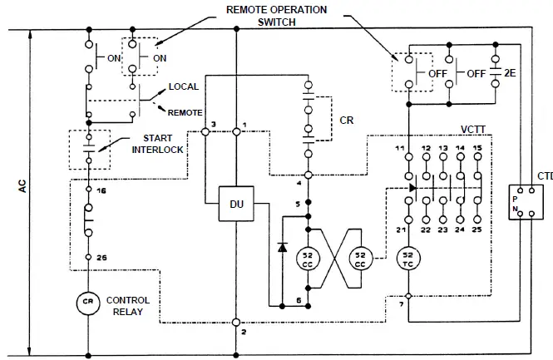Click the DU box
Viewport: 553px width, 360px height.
[x=236, y=204]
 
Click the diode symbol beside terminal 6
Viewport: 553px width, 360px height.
[x=281, y=247]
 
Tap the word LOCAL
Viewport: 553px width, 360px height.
[x=183, y=86]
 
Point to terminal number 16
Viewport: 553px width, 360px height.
[x=101, y=190]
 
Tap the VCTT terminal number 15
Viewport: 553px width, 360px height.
[x=477, y=147]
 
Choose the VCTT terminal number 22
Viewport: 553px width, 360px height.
[x=426, y=229]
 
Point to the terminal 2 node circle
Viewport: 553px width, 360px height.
[x=237, y=321]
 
